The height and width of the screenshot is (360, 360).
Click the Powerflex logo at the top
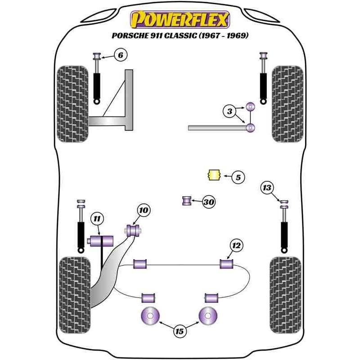(x=180, y=19)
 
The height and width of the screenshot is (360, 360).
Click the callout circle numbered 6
(x=121, y=55)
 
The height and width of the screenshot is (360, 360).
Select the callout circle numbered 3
(x=229, y=111)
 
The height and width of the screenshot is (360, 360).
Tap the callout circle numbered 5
(x=238, y=178)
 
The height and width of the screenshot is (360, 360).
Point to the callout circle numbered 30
(x=208, y=202)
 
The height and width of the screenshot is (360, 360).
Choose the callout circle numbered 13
(x=267, y=187)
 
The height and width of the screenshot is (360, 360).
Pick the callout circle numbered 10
(x=143, y=210)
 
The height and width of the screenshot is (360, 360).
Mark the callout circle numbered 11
(x=97, y=219)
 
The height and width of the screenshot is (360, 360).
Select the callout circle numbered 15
(x=180, y=332)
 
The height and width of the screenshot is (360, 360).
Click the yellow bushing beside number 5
(x=213, y=175)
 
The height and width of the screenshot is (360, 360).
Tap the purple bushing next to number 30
(x=187, y=200)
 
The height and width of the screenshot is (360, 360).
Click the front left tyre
(x=72, y=104)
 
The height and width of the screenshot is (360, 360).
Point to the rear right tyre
(x=285, y=294)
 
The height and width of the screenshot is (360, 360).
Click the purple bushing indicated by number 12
(x=226, y=264)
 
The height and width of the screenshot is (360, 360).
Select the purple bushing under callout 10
(x=133, y=231)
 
